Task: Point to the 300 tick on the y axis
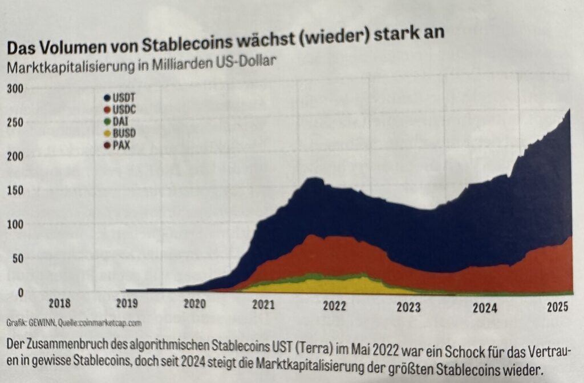coord(15,89)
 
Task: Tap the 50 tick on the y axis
coord(18,258)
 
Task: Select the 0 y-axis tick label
coord(20,292)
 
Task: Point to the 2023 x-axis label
coord(409,307)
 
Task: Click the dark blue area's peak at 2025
coord(569,110)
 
